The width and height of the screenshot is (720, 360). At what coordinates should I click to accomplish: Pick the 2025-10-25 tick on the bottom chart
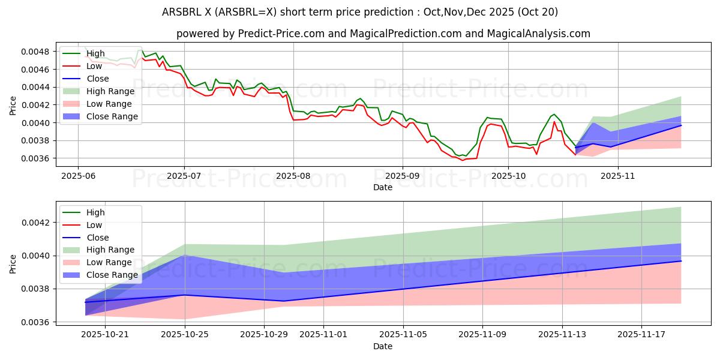tap(185, 335)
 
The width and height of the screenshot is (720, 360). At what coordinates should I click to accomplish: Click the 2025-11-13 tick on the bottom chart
tap(562, 335)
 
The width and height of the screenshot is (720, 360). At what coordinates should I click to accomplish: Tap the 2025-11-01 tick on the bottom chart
tap(323, 335)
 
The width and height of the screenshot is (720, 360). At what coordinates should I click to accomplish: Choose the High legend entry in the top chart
tap(95, 53)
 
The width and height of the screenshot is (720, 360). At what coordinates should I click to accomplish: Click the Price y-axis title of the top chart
tap(13, 105)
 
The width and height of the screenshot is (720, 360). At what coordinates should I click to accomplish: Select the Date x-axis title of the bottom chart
tap(383, 346)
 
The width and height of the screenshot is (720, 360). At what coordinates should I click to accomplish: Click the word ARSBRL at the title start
tap(181, 12)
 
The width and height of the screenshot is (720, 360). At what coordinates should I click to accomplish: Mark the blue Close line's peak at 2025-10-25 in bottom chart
tap(185, 295)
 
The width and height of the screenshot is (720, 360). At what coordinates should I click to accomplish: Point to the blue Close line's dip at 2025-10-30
tap(284, 301)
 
